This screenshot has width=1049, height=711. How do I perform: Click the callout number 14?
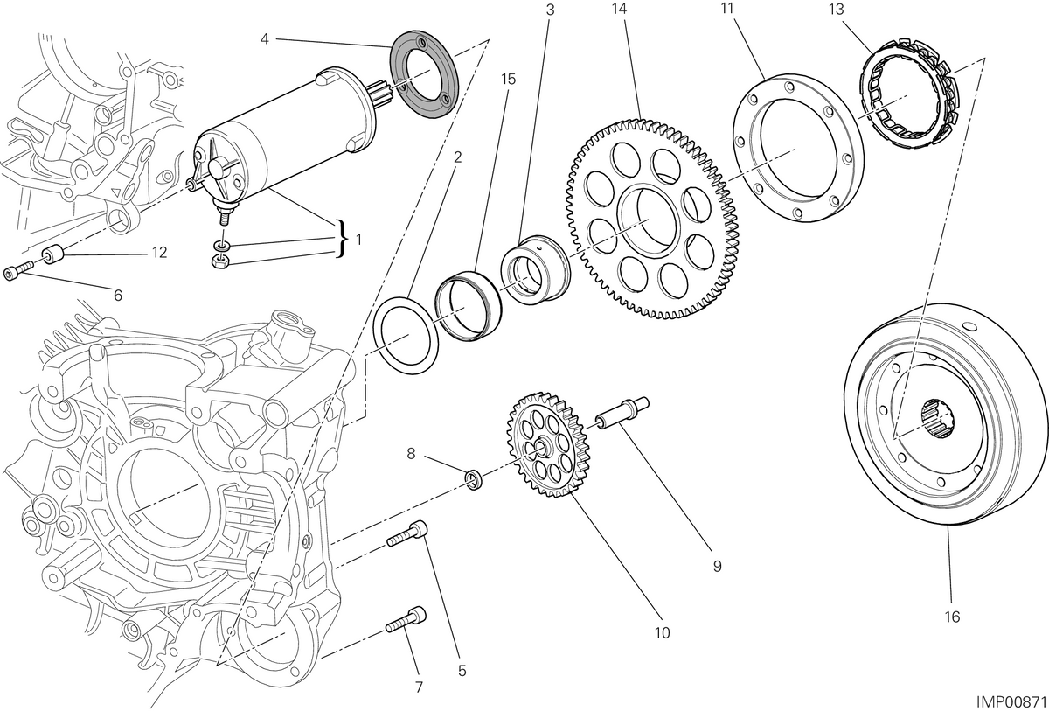(619, 8)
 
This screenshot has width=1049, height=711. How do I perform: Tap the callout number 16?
(952, 617)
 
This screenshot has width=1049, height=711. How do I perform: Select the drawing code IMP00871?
(1011, 702)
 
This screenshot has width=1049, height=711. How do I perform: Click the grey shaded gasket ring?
(424, 74)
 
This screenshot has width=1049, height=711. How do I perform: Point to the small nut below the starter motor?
(219, 261)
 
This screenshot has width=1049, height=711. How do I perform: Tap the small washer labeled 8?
(474, 479)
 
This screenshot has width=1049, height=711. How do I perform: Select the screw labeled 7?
(406, 619)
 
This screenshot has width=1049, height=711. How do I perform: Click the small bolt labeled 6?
(17, 271)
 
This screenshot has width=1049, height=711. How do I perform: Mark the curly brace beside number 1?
(344, 239)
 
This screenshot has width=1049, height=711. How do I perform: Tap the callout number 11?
(726, 8)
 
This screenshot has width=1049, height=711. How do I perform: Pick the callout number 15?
(508, 79)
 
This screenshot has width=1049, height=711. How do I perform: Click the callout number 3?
(550, 10)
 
